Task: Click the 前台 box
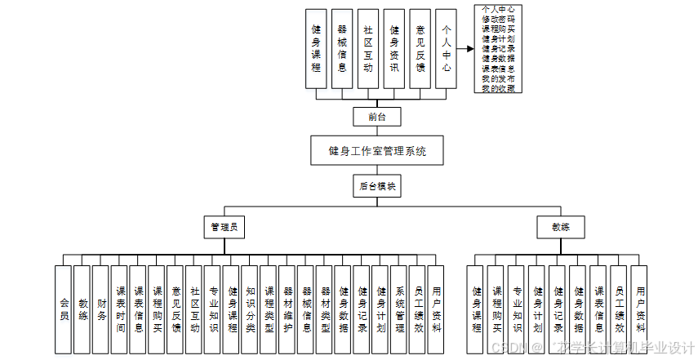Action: click(377, 117)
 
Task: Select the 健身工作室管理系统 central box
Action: click(377, 151)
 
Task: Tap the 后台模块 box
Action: click(377, 186)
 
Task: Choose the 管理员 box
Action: click(224, 227)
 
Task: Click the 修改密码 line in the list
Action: click(498, 19)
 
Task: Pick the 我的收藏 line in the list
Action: click(498, 87)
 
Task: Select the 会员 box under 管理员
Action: click(64, 309)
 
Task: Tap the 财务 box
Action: click(101, 309)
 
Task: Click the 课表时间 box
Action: click(120, 309)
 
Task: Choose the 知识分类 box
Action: click(251, 309)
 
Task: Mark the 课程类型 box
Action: click(269, 309)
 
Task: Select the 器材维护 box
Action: click(288, 309)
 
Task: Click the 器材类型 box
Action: click(325, 309)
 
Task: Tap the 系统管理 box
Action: click(399, 309)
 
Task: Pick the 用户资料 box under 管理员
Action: click(436, 309)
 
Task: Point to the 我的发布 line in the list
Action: click(498, 78)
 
